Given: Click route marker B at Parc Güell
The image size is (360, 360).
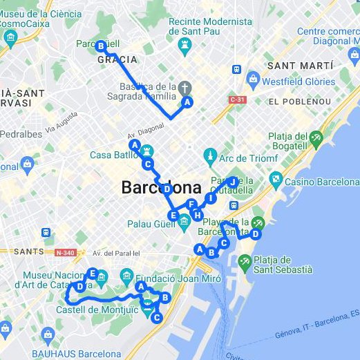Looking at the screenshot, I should pyautogui.click(x=101, y=46).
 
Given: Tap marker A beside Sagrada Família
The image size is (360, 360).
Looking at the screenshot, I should pyautogui.click(x=187, y=102).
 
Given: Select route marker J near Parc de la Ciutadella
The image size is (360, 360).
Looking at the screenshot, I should pyautogui.click(x=234, y=182).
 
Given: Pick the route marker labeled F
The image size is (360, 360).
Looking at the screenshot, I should pyautogui.click(x=191, y=205).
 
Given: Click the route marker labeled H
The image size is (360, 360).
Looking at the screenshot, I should pyautogui.click(x=198, y=215).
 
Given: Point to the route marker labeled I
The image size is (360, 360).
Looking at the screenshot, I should pyautogui.click(x=211, y=198).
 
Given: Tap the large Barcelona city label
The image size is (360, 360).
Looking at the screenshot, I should pyautogui.click(x=161, y=187).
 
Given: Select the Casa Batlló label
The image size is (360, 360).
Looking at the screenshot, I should pyautogui.click(x=115, y=155).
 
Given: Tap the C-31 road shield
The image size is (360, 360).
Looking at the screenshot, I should pyautogui.click(x=238, y=100).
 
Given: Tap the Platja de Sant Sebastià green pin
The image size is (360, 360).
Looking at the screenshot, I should pyautogui.click(x=245, y=262).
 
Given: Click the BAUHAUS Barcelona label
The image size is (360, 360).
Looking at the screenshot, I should pyautogui.click(x=82, y=353).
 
